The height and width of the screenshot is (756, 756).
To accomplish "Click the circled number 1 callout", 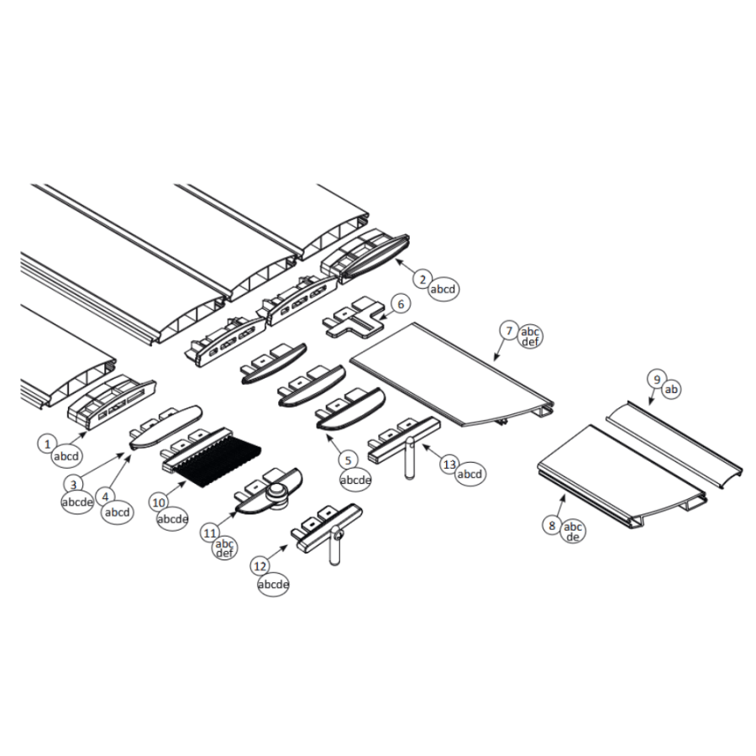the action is (x=47, y=444).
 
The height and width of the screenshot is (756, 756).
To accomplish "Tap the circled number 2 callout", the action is (x=423, y=279).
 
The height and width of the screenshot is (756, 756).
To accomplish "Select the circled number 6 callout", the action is (x=401, y=304).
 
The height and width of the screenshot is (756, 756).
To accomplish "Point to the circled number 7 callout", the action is (x=509, y=331).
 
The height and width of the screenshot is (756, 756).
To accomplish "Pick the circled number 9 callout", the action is (x=657, y=380).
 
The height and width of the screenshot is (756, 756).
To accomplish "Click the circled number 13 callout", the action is (x=449, y=465).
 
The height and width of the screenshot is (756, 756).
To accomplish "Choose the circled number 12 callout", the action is (x=260, y=566).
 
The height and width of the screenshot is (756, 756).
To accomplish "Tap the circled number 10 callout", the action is (x=159, y=502).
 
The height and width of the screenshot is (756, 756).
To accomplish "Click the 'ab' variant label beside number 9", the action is (x=671, y=389).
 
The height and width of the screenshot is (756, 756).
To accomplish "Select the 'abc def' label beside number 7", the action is (x=530, y=337).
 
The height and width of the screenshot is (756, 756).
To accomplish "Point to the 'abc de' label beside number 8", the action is (x=572, y=532).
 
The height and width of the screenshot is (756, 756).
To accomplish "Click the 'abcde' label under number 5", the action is (x=355, y=480).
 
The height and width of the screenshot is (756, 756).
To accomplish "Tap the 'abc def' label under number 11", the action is (x=224, y=549).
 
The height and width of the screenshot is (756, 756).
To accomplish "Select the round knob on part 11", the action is (x=276, y=493).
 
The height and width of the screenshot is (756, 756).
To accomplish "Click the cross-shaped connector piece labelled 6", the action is (x=355, y=319).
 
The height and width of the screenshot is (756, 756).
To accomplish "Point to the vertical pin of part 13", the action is (x=409, y=458).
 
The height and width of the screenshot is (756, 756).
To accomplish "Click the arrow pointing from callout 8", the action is (x=560, y=507).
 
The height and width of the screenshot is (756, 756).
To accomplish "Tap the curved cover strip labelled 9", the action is (x=674, y=444).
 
